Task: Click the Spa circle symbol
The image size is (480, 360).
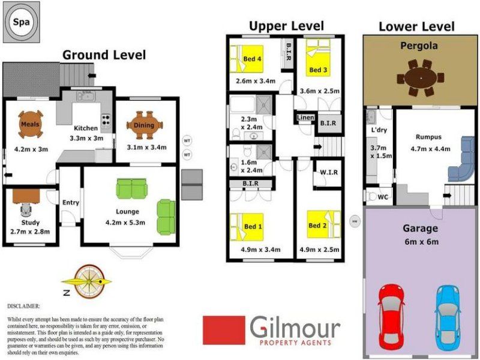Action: tap(22, 22)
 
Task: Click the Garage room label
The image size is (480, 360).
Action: tap(420, 229)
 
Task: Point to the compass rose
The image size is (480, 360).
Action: tap(89, 281)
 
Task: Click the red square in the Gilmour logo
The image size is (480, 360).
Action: tap(224, 331)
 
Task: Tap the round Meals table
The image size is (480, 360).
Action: tap(31, 124)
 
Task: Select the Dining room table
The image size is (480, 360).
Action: tap(145, 125)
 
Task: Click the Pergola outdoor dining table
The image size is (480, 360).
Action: tap(421, 78)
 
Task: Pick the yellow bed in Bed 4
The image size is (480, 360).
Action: tap(247, 58)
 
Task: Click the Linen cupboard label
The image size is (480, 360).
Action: tap(305, 118)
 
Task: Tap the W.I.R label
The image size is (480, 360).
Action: tap(329, 173)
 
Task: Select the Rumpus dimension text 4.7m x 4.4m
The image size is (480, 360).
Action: tap(430, 149)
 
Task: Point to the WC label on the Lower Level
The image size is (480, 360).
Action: tap(383, 197)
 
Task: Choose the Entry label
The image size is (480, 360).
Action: tap(71, 203)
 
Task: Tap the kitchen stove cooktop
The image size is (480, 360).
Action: tap(106, 120)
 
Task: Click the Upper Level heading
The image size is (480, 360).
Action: tap(286, 26)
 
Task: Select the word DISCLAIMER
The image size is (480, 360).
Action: tap(23, 306)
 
